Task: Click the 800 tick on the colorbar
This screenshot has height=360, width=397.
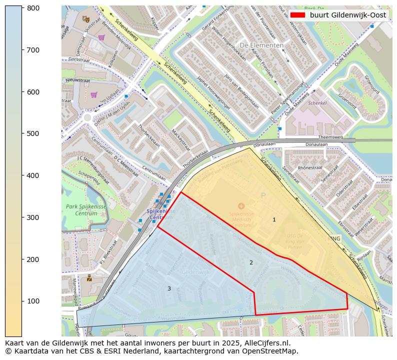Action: [x=22, y=8]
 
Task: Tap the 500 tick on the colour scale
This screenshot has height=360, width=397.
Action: [x=22, y=133]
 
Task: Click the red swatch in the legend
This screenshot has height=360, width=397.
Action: [x=298, y=15]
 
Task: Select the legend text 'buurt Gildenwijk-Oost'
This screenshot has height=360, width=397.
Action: [x=347, y=15]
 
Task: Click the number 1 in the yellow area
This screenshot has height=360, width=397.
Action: [x=274, y=220]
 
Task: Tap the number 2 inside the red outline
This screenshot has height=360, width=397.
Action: [x=251, y=262]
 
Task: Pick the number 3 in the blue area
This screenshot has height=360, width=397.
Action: [x=169, y=288]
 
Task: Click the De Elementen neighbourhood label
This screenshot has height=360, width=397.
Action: [x=261, y=45]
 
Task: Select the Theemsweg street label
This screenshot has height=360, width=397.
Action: [x=330, y=136]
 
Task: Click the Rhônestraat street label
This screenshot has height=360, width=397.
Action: [x=311, y=168]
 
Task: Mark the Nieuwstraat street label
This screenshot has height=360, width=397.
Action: [x=76, y=79]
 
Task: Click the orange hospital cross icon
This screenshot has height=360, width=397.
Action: [x=241, y=206]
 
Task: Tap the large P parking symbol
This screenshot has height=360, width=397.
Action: [x=263, y=195]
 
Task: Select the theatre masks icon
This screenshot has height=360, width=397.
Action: [x=85, y=19]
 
